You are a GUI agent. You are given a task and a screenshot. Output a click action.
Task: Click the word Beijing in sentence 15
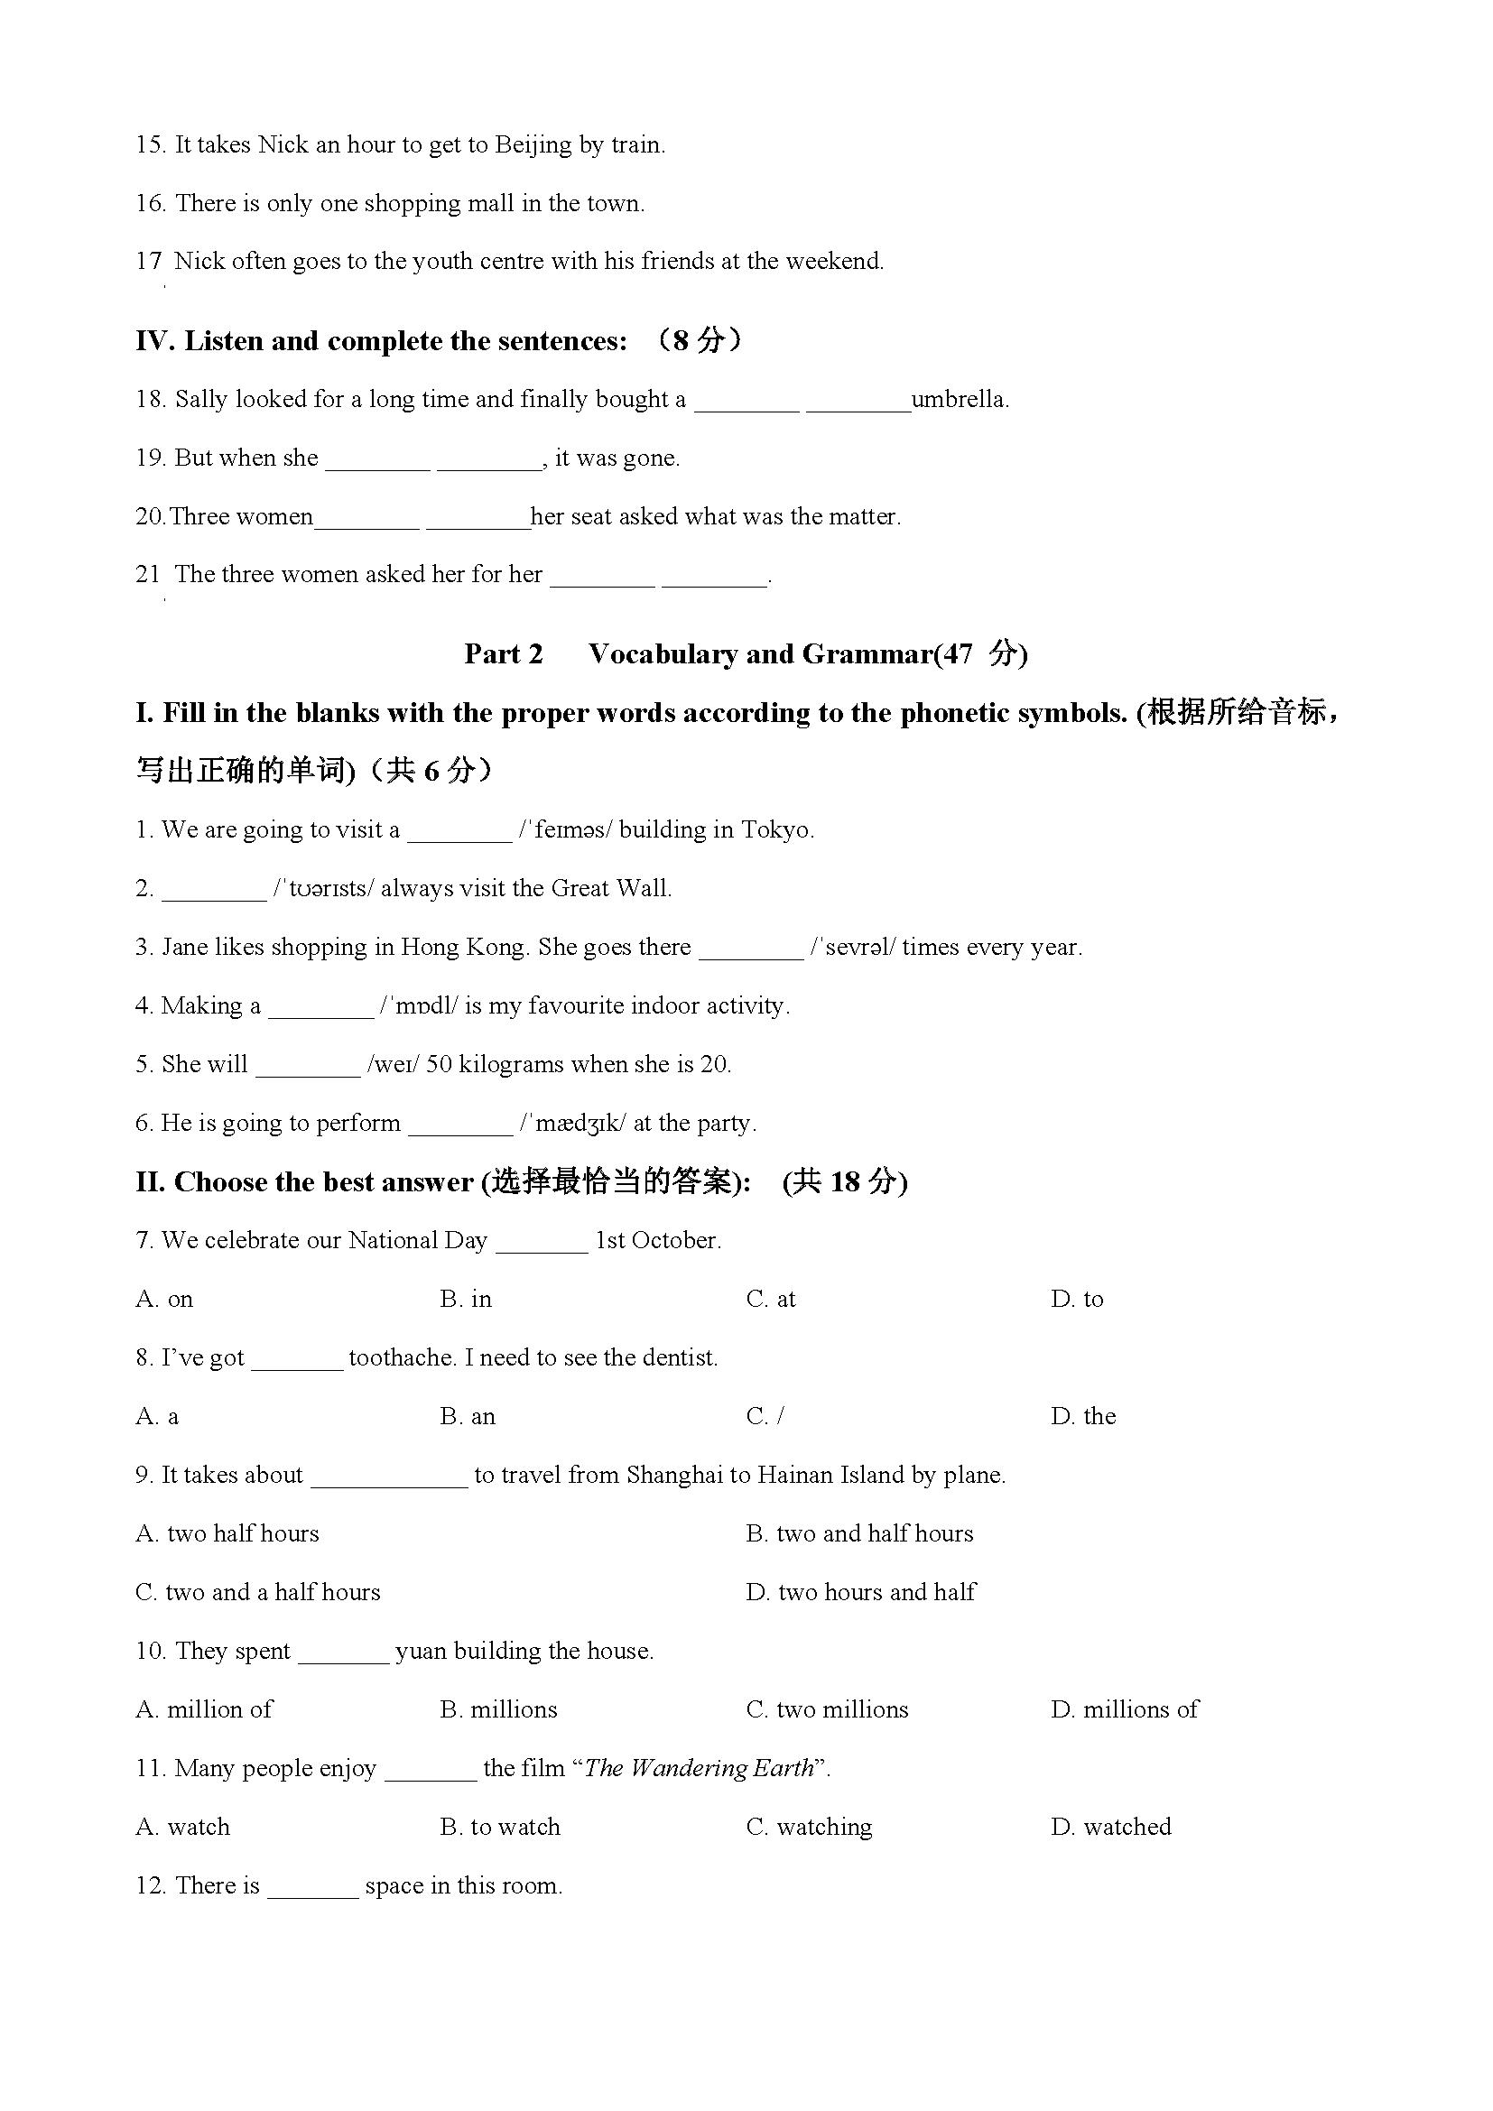(533, 145)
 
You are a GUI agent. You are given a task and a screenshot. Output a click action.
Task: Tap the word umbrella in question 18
(959, 400)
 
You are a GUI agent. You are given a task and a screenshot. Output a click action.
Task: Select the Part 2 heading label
(503, 653)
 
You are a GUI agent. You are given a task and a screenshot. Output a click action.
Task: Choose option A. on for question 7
(164, 1299)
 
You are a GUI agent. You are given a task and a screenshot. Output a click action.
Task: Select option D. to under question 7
(1077, 1299)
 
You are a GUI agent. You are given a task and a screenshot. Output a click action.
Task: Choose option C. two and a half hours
(257, 1592)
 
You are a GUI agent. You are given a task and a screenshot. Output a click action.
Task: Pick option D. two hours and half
(860, 1592)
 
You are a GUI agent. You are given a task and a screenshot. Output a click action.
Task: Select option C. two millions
(827, 1710)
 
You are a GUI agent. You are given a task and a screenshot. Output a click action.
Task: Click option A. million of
(204, 1710)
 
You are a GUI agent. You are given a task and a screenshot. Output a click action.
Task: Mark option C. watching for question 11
(809, 1827)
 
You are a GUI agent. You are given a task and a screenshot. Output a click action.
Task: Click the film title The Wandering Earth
(699, 1769)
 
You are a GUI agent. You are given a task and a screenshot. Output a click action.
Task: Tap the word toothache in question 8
(403, 1358)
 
